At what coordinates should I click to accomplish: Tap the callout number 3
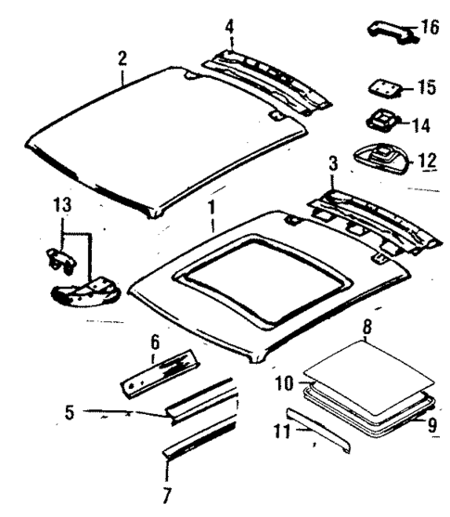[331, 164]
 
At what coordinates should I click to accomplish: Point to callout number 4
[230, 25]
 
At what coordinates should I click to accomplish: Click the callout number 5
[69, 409]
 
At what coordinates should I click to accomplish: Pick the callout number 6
[155, 343]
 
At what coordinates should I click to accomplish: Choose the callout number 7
[168, 495]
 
